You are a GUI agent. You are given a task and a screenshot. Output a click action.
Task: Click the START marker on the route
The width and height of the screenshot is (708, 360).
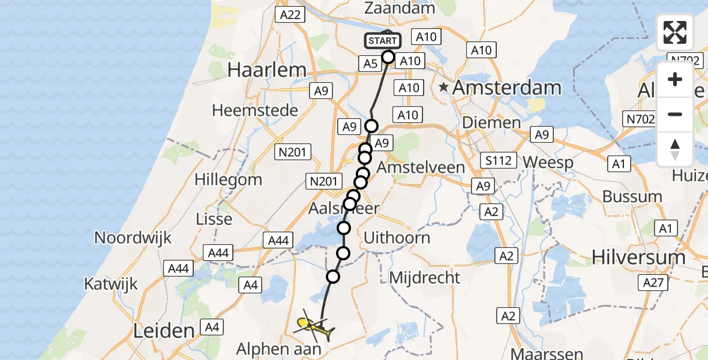point(383,41)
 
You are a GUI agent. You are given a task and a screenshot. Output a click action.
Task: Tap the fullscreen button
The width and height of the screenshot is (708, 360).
point(675,32)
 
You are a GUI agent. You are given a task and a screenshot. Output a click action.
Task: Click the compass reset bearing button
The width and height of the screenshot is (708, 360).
point(675,149)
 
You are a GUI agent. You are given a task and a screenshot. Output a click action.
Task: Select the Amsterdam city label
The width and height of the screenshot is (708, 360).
point(507,88)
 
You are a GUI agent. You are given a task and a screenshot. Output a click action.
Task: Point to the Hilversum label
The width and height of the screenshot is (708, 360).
point(638,257)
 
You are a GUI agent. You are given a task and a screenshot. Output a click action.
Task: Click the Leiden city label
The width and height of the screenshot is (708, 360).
point(165,331)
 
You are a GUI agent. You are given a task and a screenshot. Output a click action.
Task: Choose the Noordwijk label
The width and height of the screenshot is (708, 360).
point(133,238)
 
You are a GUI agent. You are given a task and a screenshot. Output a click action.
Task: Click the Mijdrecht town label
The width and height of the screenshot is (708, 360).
point(425,278)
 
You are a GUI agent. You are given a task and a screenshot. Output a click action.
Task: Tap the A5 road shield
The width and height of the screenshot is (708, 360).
point(370,64)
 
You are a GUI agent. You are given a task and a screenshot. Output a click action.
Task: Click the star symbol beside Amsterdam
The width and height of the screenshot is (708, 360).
point(444,88)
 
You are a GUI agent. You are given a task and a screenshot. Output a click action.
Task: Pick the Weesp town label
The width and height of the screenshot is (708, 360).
point(548,163)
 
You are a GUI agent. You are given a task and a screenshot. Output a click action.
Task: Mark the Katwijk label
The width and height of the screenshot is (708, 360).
point(111,284)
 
